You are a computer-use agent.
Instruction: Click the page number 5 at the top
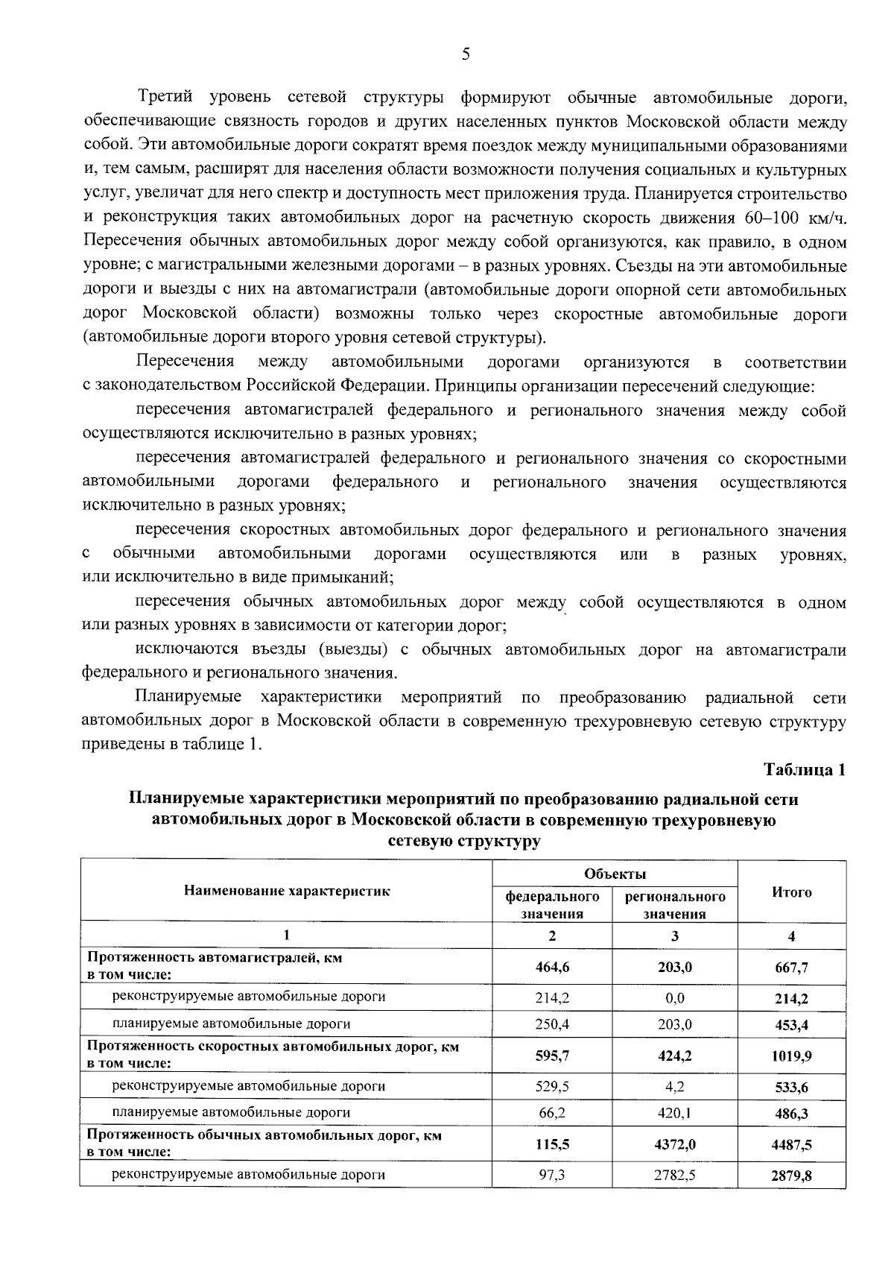[466, 54]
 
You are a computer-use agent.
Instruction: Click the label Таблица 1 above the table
[805, 770]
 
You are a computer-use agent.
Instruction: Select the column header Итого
[791, 892]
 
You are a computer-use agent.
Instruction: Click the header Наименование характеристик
[287, 890]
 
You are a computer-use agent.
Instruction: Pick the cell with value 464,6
[552, 967]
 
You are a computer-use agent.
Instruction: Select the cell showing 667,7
[791, 968]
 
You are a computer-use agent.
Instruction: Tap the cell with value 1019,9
[791, 1056]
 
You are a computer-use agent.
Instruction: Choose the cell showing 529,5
[552, 1086]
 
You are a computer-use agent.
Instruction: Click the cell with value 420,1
[674, 1112]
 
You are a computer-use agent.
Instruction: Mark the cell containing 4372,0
[674, 1143]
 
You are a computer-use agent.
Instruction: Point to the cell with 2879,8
[791, 1176]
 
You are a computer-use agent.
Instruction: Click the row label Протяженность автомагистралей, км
[215, 958]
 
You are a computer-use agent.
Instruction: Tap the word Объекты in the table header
[615, 874]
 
